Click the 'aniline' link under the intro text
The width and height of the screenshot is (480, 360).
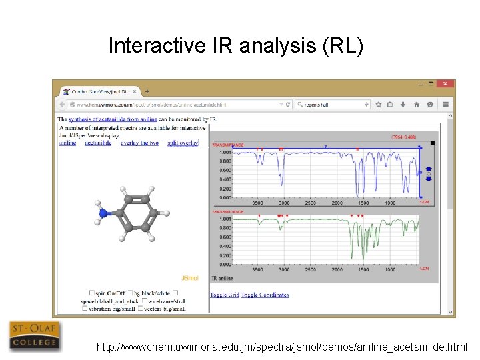point(67,143)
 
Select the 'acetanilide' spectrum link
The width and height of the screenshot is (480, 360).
point(98,143)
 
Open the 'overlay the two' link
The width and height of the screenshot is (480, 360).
point(139,143)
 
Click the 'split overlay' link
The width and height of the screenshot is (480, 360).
point(183,143)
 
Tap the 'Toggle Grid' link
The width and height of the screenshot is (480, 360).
point(225,295)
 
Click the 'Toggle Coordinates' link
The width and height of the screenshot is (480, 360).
point(265,295)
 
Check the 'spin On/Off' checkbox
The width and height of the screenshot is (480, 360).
point(92,293)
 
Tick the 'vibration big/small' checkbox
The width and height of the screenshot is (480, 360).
point(85,308)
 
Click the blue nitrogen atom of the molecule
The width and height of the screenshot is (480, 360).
point(103,213)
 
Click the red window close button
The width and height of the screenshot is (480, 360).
point(446,84)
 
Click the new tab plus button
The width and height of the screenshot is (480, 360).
point(147,91)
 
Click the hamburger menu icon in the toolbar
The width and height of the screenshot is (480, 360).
point(445,104)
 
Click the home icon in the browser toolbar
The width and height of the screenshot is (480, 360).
point(416,104)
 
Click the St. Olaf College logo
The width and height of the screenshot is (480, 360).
point(34,335)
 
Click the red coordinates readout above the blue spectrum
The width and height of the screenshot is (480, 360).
point(403,137)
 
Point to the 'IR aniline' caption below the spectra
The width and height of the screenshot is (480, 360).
point(223,277)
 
